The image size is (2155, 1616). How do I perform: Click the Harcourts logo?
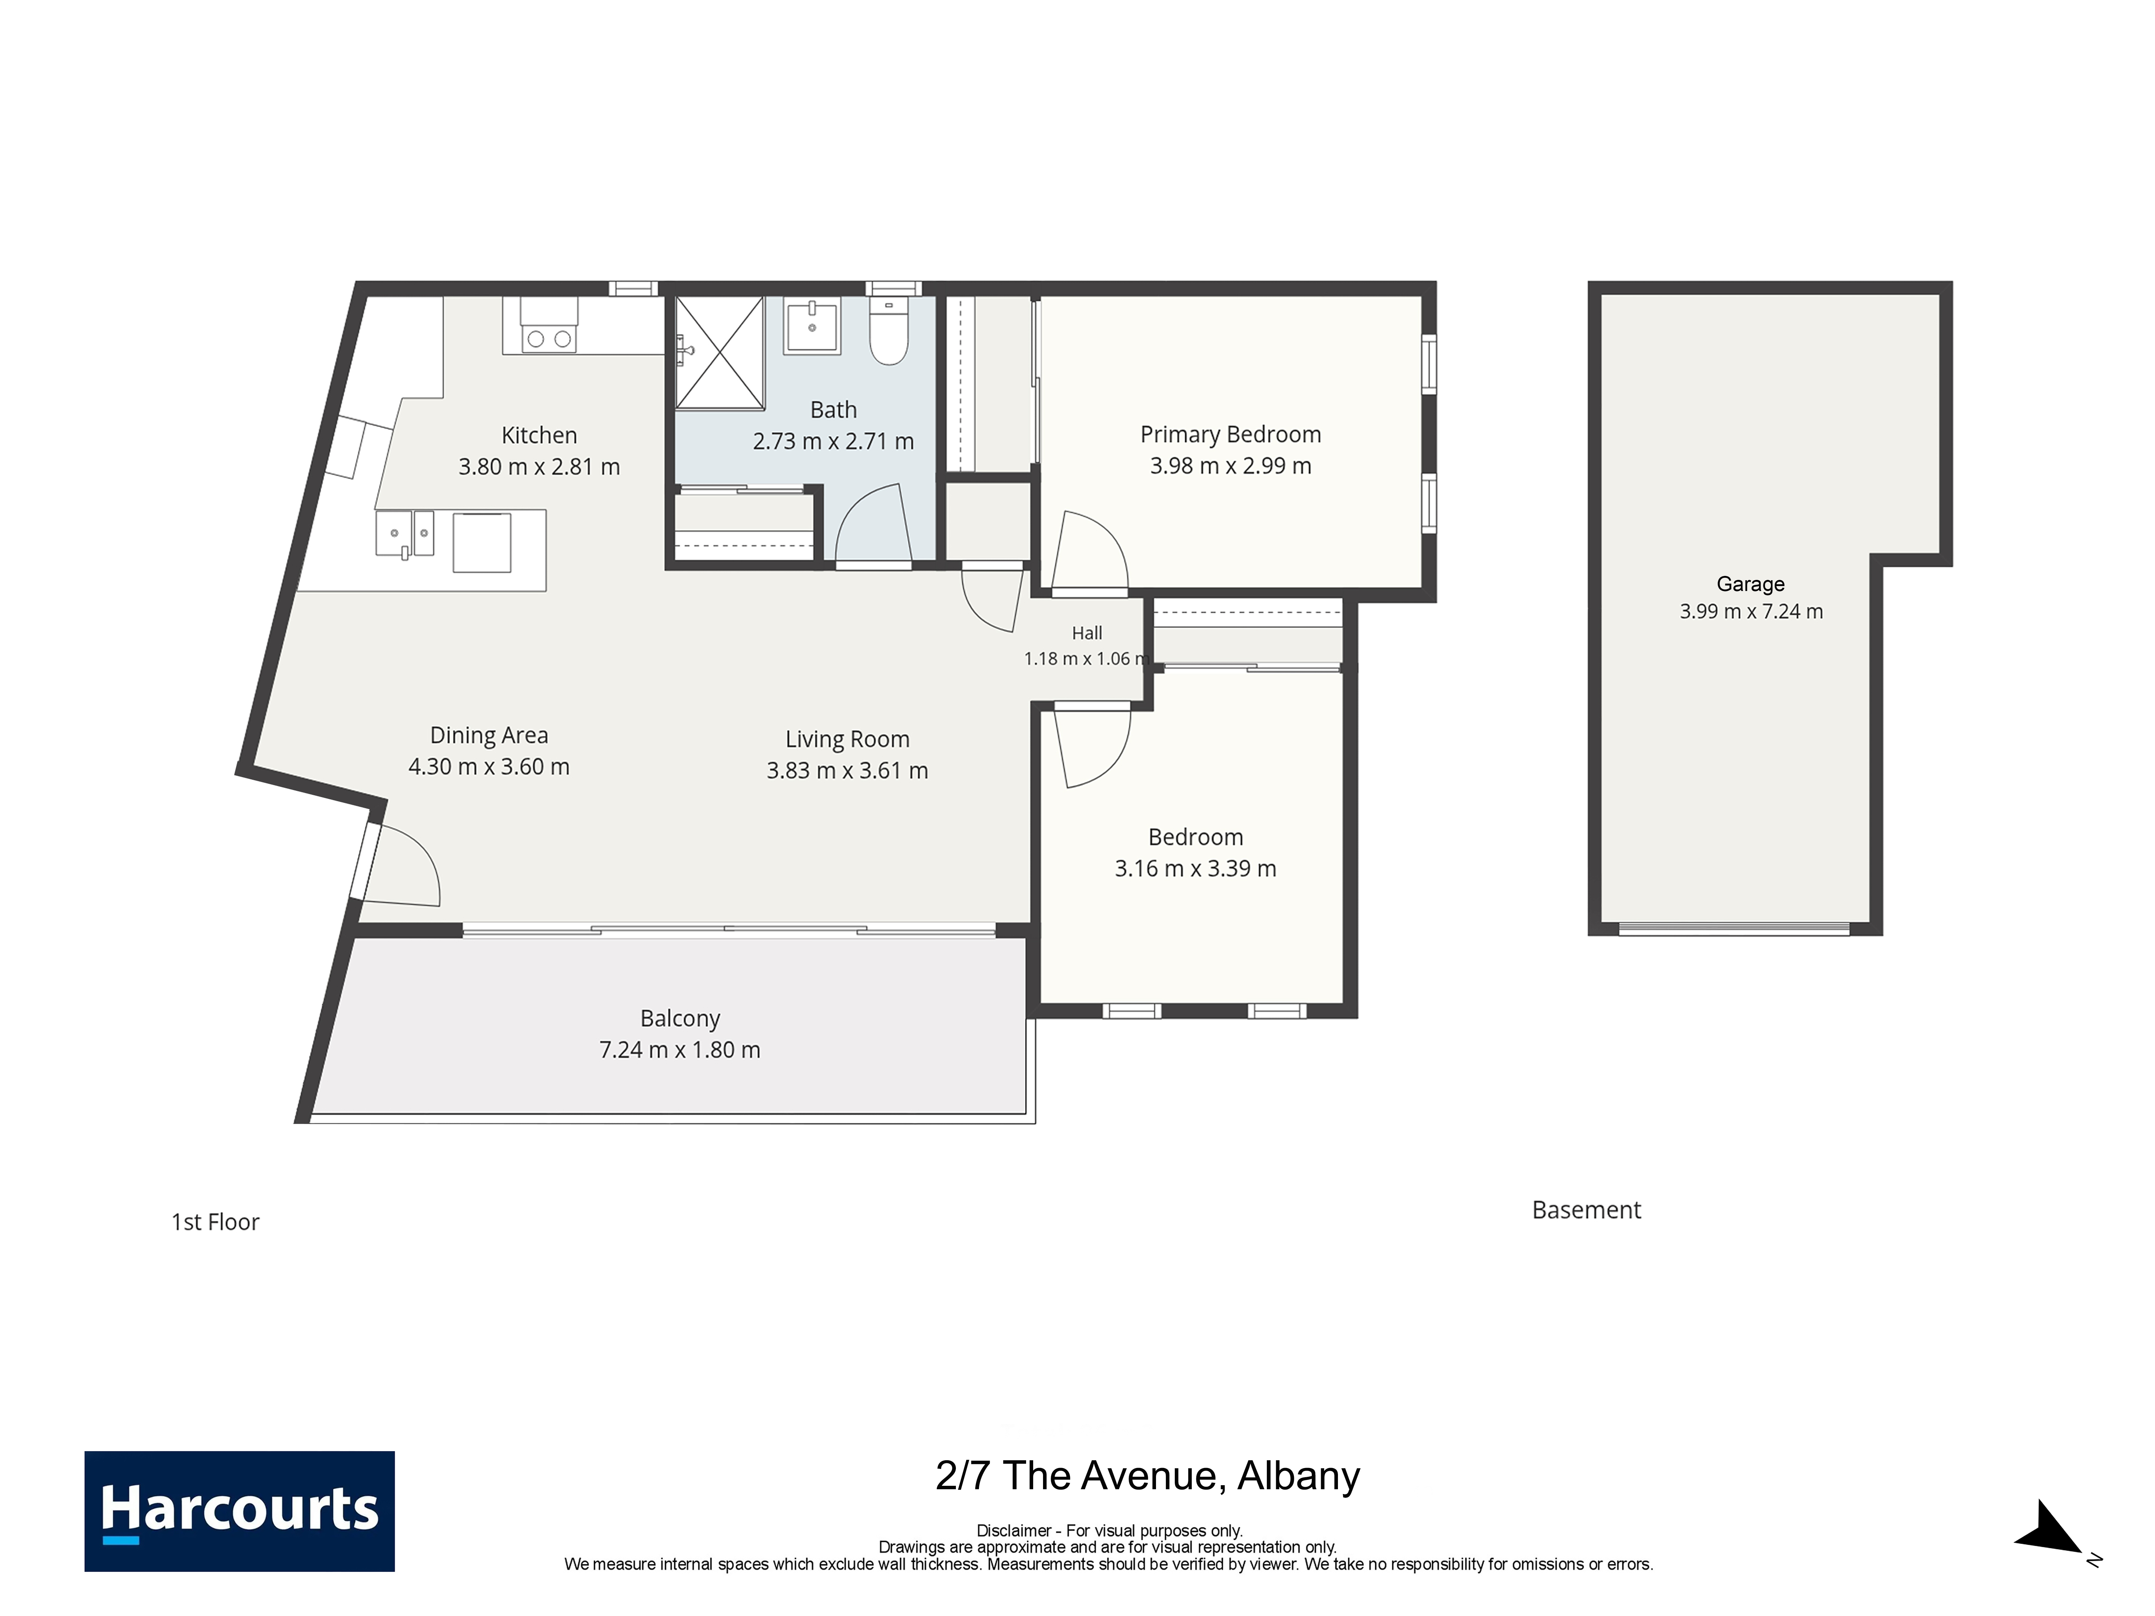point(240,1511)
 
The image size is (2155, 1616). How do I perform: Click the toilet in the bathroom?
point(888,331)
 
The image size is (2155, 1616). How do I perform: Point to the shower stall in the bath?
point(720,353)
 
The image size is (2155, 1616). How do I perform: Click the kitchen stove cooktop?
point(549,326)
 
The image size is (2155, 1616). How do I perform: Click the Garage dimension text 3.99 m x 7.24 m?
point(1751,612)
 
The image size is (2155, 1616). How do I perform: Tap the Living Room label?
point(848,739)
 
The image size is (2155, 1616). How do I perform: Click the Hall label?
point(1087,633)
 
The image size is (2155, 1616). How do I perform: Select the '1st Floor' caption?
point(215,1223)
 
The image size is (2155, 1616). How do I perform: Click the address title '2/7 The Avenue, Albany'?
point(1148,1477)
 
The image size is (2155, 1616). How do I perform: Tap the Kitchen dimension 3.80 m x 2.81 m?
point(539,467)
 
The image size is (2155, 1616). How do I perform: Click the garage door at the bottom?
point(1734,929)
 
